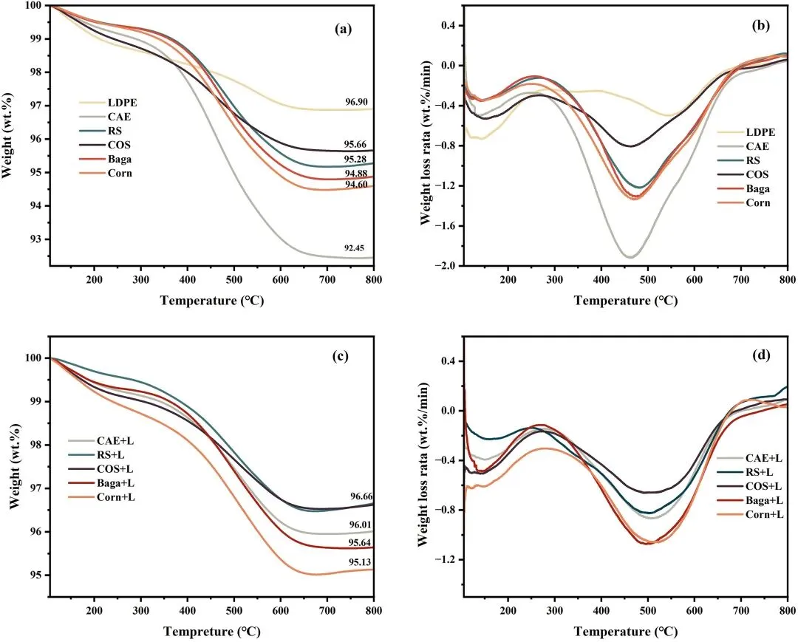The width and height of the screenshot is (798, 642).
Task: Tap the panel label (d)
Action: click(760, 356)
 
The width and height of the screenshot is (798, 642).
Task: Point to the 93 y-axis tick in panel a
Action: click(37, 239)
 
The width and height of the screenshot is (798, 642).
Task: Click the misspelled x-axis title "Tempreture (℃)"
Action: click(211, 632)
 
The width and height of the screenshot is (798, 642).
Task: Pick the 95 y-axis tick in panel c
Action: click(37, 575)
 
